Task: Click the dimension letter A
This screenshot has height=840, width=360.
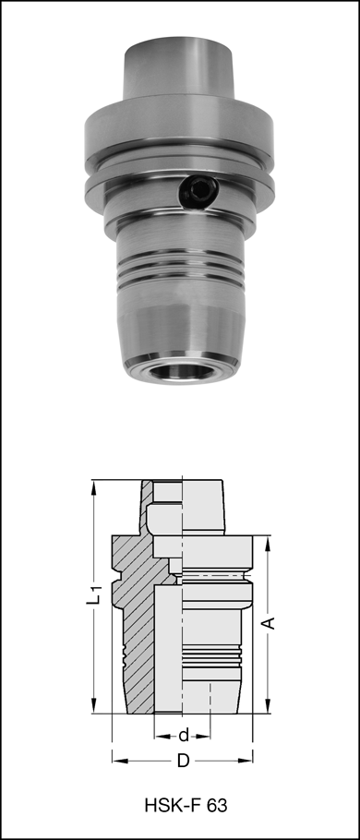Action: (x=269, y=623)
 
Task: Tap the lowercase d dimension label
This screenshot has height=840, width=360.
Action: (x=184, y=735)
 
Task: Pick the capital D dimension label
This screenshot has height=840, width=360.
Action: (x=183, y=762)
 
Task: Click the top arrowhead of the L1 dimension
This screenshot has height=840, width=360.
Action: (x=93, y=486)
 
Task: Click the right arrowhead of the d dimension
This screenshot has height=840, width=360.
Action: (x=210, y=735)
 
